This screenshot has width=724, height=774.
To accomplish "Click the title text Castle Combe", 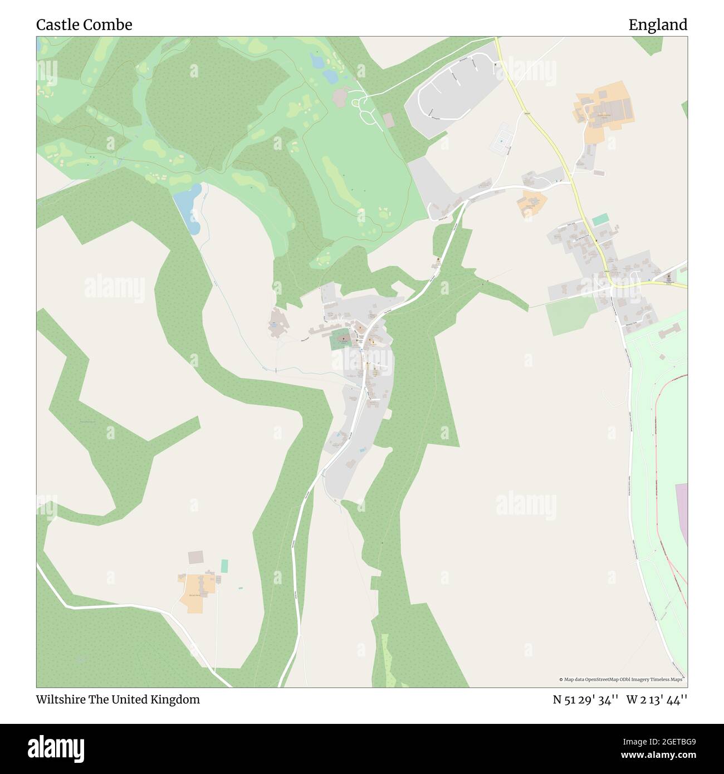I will tap(84, 25).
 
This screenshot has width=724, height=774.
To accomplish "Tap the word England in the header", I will tap(658, 25).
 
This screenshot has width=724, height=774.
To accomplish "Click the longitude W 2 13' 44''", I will tap(657, 699).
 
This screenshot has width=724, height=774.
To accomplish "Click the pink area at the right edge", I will tap(682, 512).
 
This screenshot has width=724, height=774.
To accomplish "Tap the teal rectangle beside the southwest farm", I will tap(224, 566).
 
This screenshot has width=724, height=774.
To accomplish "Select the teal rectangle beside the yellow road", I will tap(600, 220).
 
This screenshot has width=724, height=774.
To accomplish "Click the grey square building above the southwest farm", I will tap(196, 557).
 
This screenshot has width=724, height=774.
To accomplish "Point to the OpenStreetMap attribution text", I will tap(621, 679).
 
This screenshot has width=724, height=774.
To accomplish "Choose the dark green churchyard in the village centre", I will tap(340, 340).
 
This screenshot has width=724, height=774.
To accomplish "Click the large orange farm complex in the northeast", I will tap(604, 109).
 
